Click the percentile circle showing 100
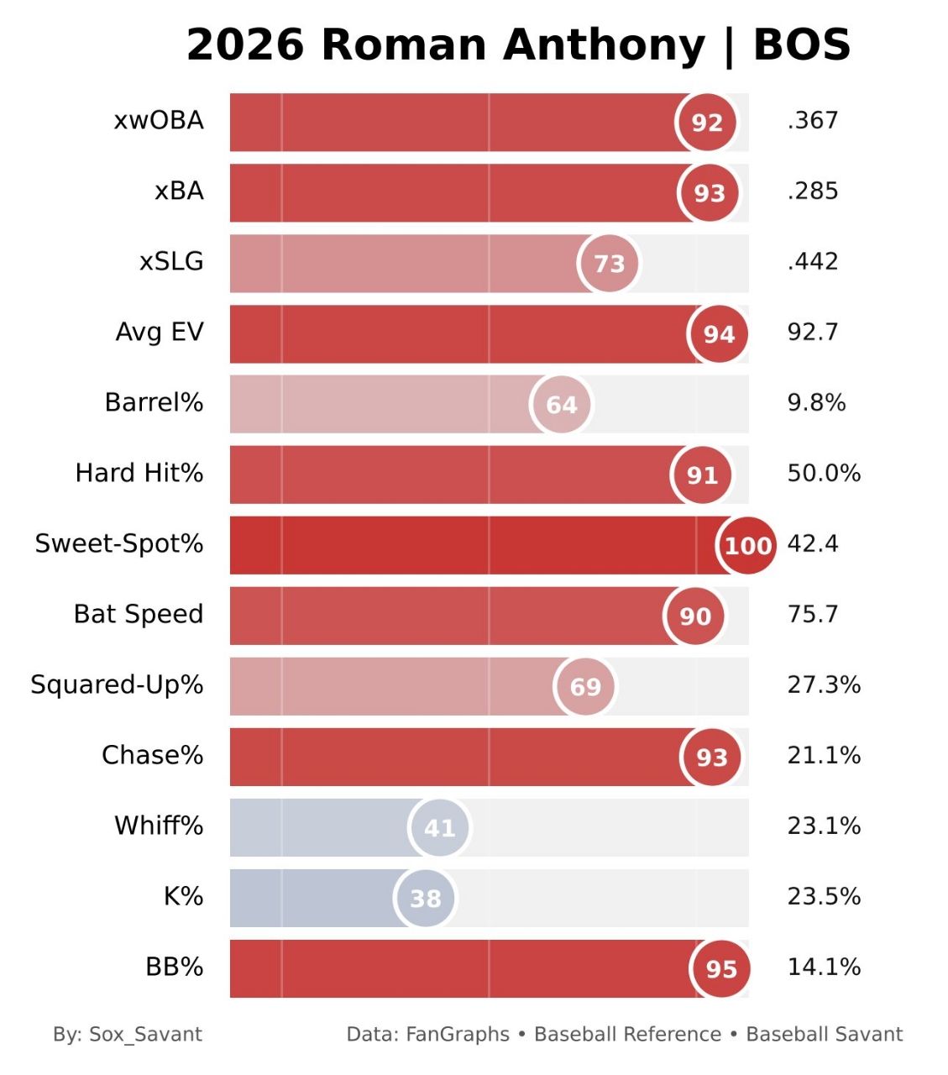tap(747, 545)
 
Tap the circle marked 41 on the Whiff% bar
tap(439, 827)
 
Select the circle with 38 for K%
tap(426, 898)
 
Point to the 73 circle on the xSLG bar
tap(609, 263)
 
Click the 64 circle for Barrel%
tap(561, 404)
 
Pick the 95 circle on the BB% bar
tap(721, 968)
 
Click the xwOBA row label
tap(159, 121)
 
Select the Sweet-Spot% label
tap(119, 544)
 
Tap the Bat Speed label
tap(139, 615)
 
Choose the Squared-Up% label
tap(117, 685)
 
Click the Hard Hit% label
tap(139, 473)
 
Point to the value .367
tap(813, 120)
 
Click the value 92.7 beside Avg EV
tap(813, 332)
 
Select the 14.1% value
tap(824, 967)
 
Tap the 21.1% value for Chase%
tap(824, 756)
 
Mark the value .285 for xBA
tap(813, 191)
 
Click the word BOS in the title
tap(802, 45)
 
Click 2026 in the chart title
tap(246, 45)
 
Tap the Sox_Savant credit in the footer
tap(145, 1034)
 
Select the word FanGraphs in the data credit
tap(458, 1034)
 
